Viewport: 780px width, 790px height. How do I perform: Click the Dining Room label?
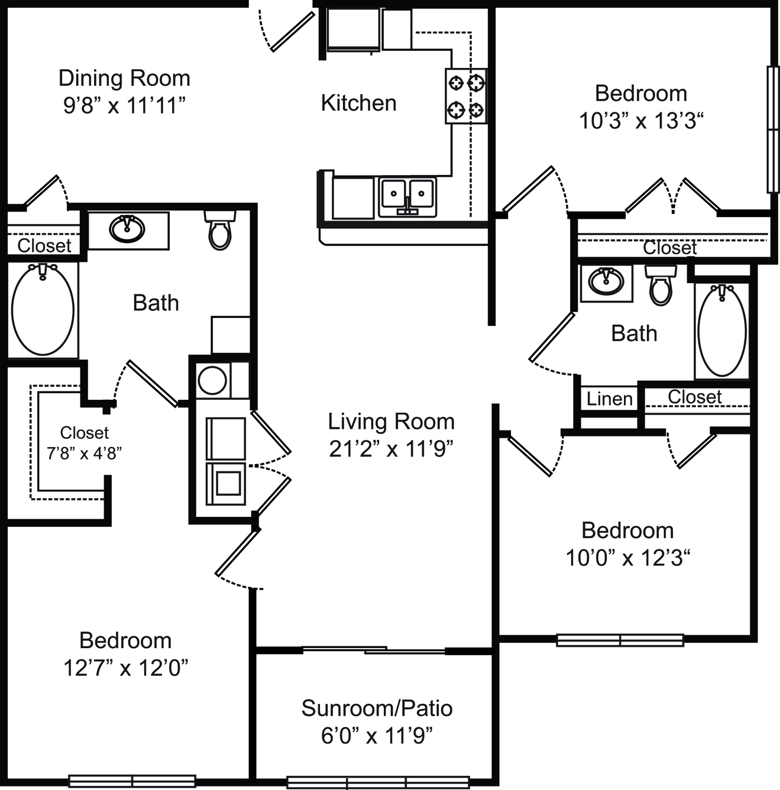pos(124,78)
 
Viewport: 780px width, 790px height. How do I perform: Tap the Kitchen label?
pos(358,103)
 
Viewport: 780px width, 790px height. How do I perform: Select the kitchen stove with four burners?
pos(466,96)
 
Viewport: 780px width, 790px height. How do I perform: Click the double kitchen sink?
pos(407,197)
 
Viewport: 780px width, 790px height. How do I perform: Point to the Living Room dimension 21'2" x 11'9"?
pos(391,449)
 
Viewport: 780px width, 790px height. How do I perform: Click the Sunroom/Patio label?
pos(377,708)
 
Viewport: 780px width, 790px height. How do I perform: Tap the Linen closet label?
pos(610,399)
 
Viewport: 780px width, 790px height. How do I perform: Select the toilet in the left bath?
pos(220,230)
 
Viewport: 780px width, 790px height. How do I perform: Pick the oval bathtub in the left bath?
pos(43,309)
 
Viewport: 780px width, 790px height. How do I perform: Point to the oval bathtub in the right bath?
pos(722,331)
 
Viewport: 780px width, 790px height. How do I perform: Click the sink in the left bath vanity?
pos(127,229)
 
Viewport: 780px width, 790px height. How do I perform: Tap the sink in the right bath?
pos(606,281)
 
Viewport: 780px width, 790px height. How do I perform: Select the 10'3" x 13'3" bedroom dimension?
pos(642,121)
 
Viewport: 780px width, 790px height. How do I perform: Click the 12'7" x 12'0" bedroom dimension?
pos(126,668)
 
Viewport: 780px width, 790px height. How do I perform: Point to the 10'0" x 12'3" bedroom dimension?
pos(628,558)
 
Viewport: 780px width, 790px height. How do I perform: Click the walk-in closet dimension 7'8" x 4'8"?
pos(85,454)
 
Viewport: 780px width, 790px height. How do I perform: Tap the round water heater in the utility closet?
pos(212,380)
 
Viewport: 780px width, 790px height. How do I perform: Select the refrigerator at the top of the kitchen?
pos(353,30)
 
